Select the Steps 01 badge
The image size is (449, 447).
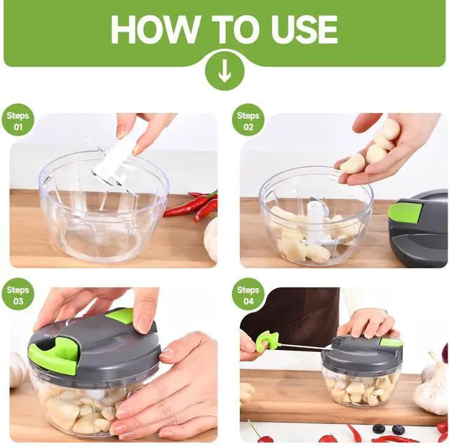[18, 120]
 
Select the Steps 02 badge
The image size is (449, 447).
[248, 120]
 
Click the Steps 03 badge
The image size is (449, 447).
[18, 294]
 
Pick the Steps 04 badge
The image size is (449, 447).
[248, 294]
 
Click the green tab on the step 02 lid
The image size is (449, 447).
[405, 212]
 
